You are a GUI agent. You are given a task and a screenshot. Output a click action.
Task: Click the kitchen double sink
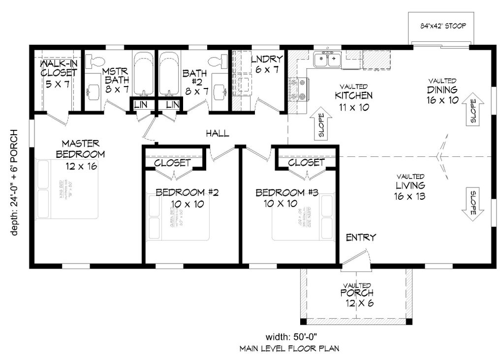(327, 60)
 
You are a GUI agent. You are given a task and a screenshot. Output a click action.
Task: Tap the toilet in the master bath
(95, 61)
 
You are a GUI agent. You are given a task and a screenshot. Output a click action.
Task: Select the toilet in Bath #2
(216, 61)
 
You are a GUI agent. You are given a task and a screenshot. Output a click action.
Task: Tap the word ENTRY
(361, 238)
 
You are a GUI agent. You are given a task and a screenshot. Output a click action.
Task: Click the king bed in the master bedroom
(67, 188)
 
